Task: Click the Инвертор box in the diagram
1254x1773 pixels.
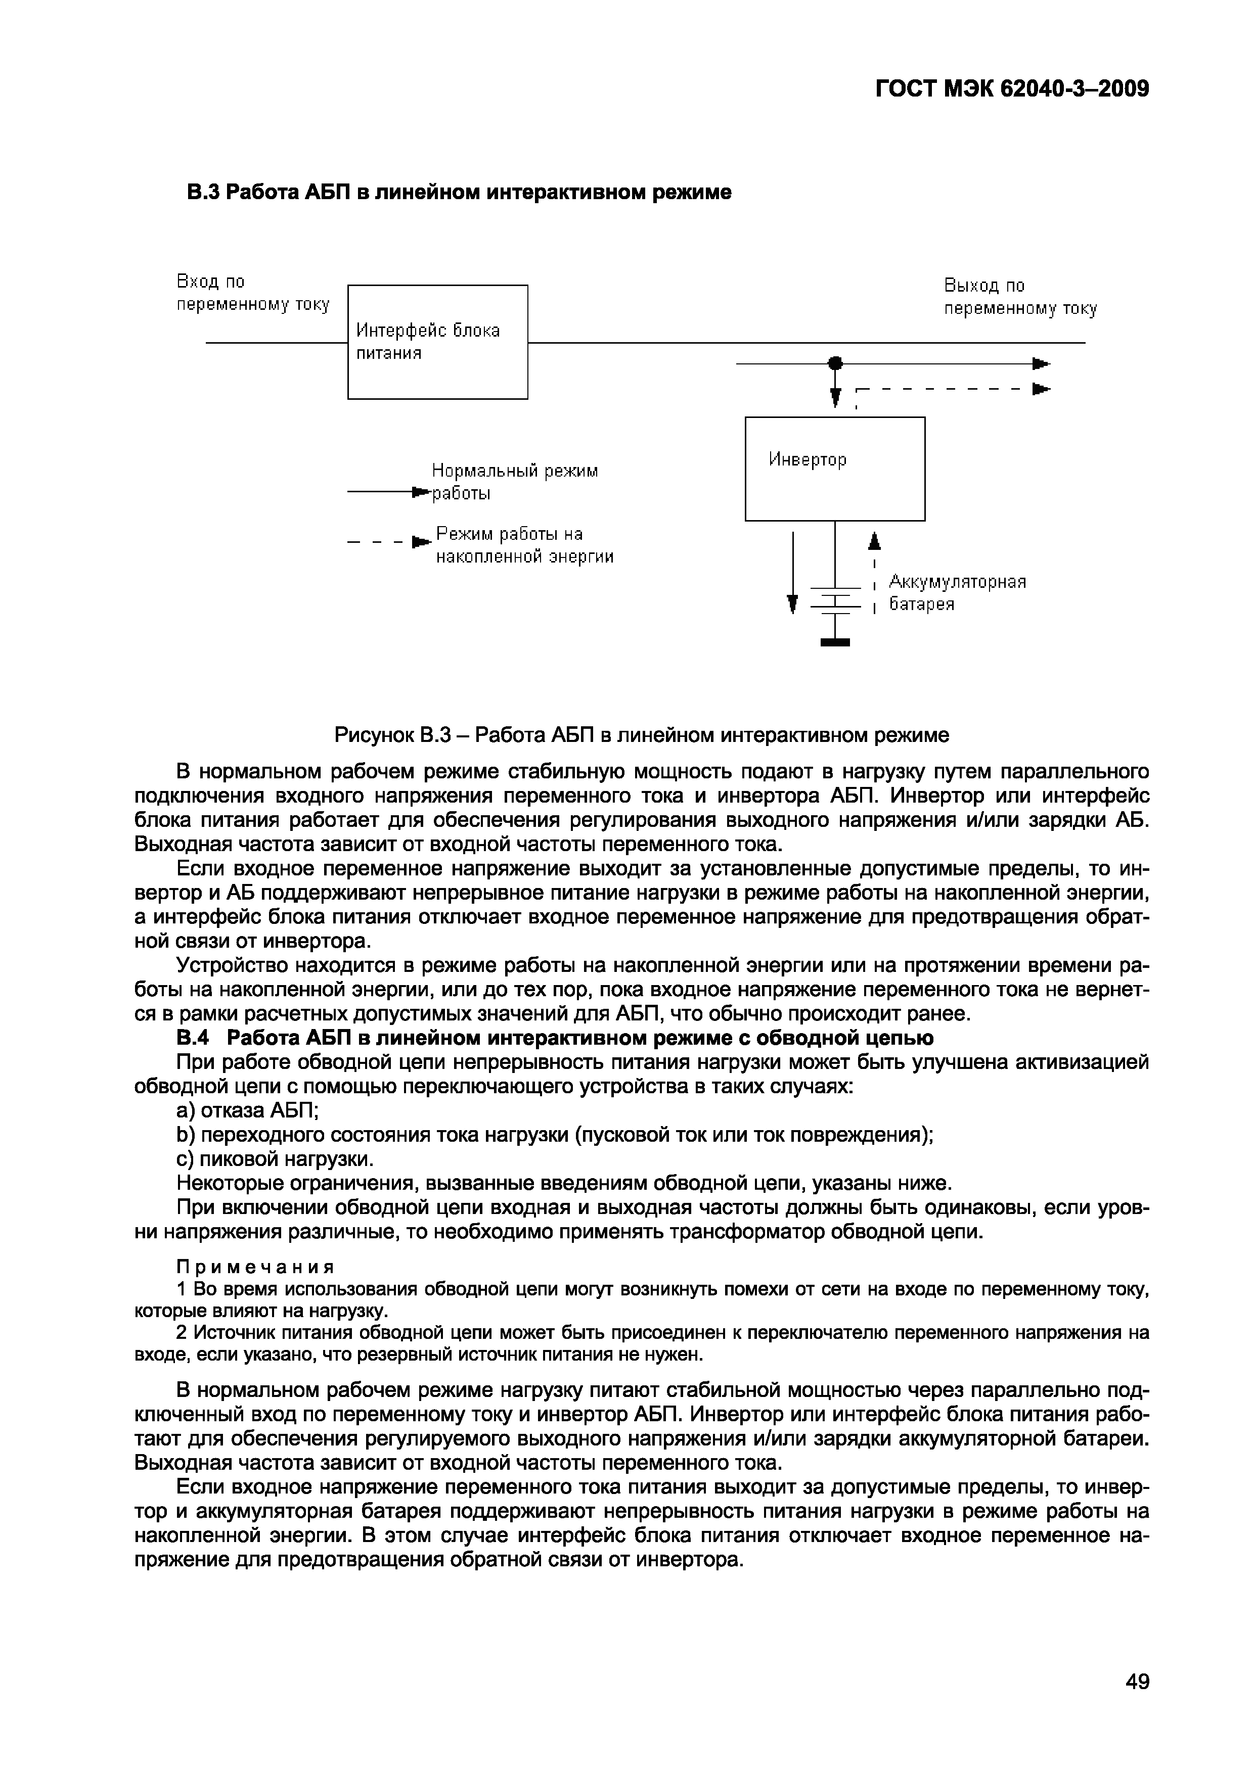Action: (834, 468)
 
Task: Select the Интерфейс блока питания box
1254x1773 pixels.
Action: (437, 342)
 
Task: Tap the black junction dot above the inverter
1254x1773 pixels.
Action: (834, 362)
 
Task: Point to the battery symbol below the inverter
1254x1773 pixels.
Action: (834, 600)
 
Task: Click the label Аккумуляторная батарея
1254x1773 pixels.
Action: (957, 592)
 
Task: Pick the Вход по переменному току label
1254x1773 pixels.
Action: (253, 293)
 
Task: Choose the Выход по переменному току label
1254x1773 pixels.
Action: (1020, 297)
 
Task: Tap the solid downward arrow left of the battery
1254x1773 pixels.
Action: (792, 572)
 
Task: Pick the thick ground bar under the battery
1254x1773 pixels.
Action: (834, 642)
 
